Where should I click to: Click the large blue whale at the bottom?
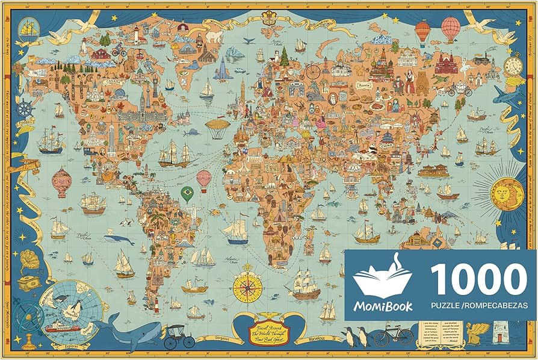coord(137,330)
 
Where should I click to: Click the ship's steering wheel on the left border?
coord(24,110)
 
